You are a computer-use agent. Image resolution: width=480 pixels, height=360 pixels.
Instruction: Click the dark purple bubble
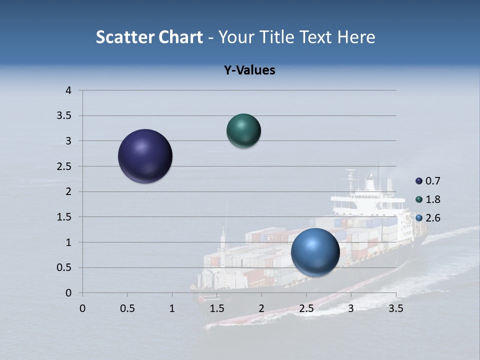tap(145, 156)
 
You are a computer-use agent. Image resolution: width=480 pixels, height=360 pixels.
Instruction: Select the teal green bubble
tap(244, 131)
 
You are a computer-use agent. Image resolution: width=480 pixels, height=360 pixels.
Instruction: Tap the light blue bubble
tap(315, 252)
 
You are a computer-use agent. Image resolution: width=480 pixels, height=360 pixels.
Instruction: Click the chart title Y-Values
tap(249, 70)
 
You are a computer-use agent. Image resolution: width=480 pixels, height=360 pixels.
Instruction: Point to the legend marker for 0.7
tap(419, 181)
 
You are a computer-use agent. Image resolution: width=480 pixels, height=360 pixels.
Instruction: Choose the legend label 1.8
tap(433, 199)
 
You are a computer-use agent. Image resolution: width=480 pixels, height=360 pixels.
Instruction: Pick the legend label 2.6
tap(433, 218)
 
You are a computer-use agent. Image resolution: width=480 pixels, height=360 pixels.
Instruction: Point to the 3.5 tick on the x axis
tap(396, 308)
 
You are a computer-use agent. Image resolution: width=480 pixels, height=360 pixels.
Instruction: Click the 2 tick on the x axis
tap(261, 308)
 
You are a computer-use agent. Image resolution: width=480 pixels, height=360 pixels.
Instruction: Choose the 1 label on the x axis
tap(172, 308)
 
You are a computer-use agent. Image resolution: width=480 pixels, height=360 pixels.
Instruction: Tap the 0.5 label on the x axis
tap(127, 308)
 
